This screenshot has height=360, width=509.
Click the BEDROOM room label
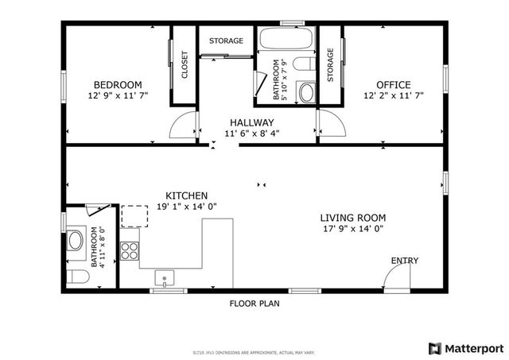pyautogui.click(x=118, y=85)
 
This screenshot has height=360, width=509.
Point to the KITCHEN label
pyautogui.click(x=187, y=195)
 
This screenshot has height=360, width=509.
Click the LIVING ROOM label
pyautogui.click(x=353, y=218)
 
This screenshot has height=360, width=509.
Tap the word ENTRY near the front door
pyautogui.click(x=404, y=261)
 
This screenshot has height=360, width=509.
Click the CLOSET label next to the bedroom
pyautogui.click(x=185, y=66)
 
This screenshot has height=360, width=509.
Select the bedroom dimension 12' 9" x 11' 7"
pyautogui.click(x=118, y=95)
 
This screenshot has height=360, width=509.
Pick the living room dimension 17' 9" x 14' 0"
pyautogui.click(x=353, y=229)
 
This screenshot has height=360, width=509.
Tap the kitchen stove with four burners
pyautogui.click(x=130, y=251)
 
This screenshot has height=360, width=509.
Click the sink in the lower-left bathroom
pyautogui.click(x=76, y=239)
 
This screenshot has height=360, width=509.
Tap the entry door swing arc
pyautogui.click(x=395, y=277)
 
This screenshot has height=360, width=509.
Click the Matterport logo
pyautogui.click(x=466, y=347)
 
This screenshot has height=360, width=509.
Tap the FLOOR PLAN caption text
pyautogui.click(x=254, y=303)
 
